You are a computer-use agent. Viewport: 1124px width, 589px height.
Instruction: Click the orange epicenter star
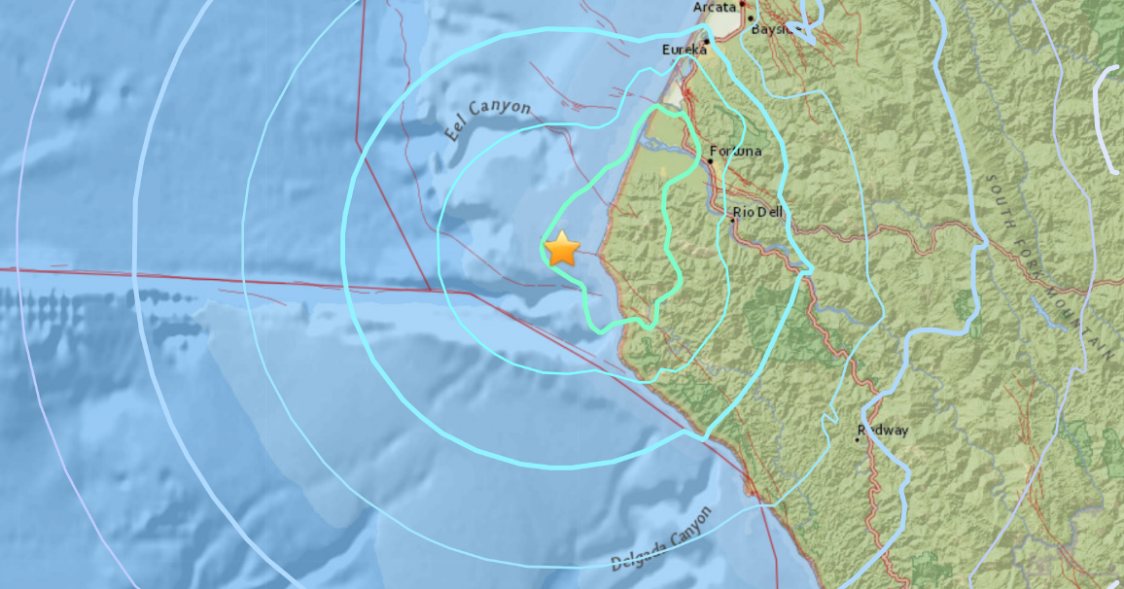(x=562, y=250)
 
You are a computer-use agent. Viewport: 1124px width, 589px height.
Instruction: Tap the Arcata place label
(x=716, y=8)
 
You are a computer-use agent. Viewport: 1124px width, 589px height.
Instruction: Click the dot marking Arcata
(x=742, y=5)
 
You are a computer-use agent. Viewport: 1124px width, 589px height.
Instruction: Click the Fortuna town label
(x=736, y=152)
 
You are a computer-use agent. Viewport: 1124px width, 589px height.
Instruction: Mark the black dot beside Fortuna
(x=711, y=162)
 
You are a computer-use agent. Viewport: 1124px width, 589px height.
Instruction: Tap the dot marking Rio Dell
(x=733, y=221)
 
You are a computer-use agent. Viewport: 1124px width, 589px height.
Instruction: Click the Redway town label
(x=882, y=430)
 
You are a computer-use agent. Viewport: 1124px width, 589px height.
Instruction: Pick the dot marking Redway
(x=858, y=439)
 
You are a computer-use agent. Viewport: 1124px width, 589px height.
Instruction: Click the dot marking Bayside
(x=751, y=18)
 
